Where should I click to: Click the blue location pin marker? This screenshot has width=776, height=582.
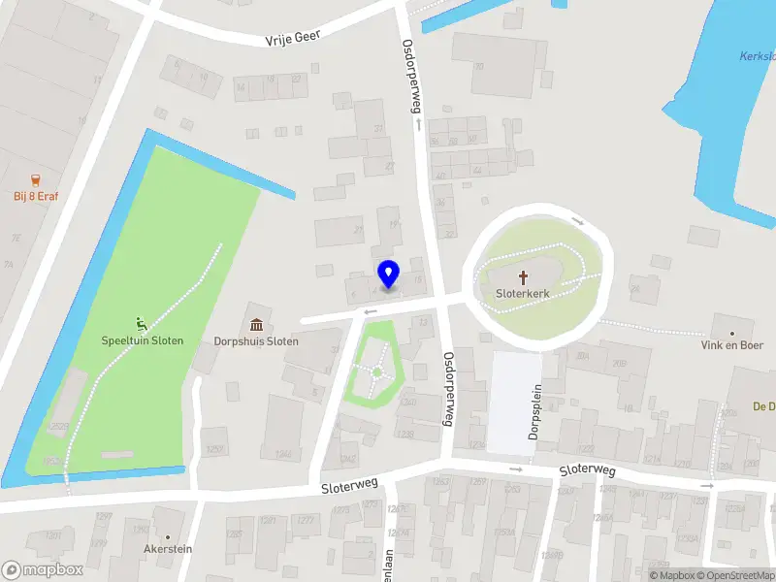coord(388,275)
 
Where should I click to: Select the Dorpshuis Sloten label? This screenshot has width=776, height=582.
coord(256,341)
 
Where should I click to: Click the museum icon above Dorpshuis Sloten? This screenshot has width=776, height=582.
coord(256,324)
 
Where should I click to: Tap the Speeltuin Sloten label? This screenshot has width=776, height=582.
coord(143,340)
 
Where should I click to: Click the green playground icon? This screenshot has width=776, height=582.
coord(142,323)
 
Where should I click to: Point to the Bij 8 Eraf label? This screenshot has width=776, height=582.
coord(36,197)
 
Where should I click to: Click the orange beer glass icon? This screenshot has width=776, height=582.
coord(36,179)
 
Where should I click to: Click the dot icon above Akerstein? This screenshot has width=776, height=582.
coord(168,537)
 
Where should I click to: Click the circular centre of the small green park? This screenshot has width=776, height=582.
coord(376,372)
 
